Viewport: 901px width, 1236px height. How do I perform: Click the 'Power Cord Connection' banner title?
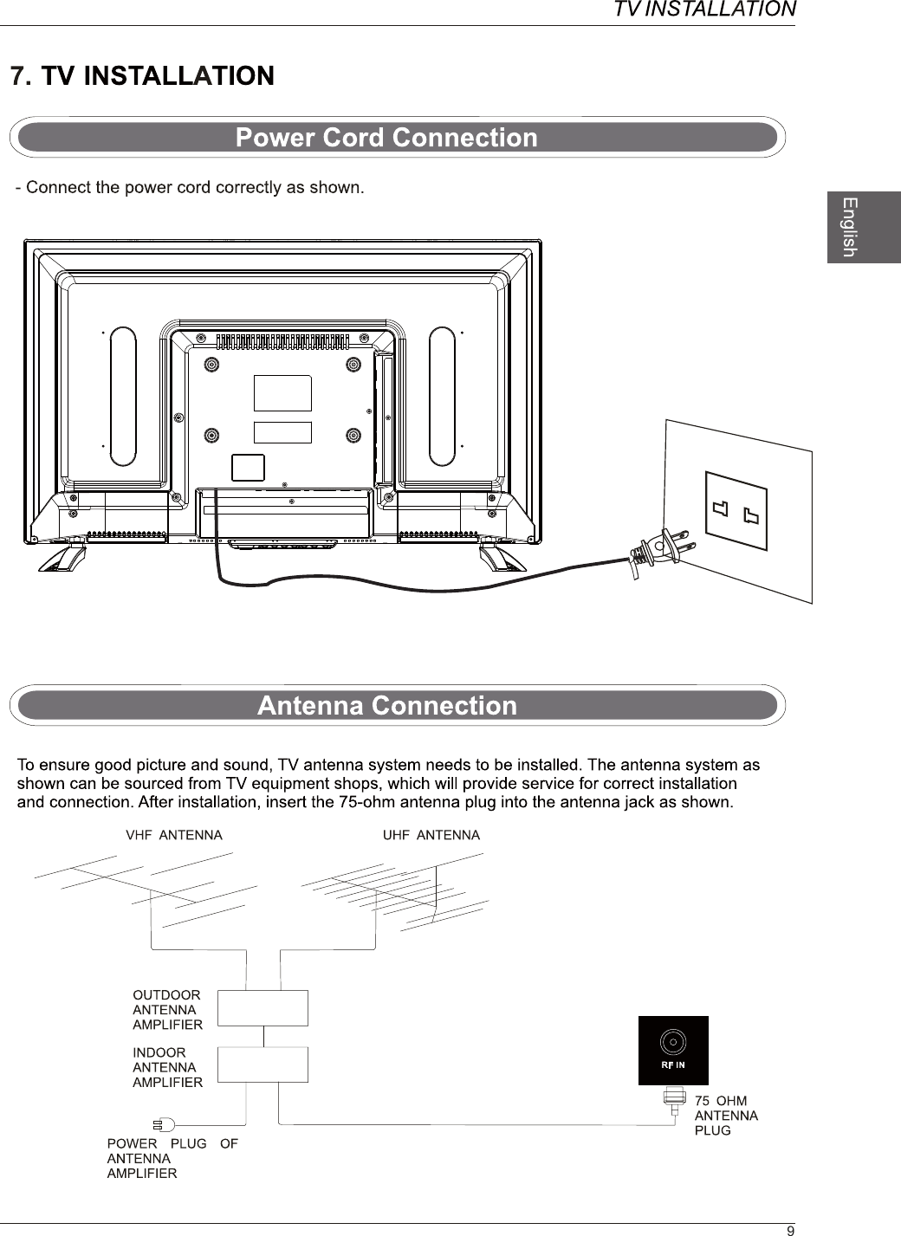[x=386, y=138]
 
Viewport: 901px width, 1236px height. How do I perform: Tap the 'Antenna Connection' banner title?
[x=386, y=706]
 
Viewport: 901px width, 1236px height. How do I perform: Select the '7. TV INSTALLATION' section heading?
[x=142, y=76]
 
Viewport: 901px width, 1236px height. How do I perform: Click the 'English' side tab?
[x=850, y=226]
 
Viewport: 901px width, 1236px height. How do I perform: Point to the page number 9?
[x=789, y=1230]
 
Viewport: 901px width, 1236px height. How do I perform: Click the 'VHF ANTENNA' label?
[x=174, y=835]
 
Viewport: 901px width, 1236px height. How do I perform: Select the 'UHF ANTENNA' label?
[x=431, y=835]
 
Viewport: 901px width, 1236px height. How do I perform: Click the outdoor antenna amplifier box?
[x=263, y=1007]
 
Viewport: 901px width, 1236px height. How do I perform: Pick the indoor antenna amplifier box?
[x=263, y=1065]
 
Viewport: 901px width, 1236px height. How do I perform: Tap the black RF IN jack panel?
[x=673, y=1050]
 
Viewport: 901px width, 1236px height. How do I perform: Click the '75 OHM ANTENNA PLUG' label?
[x=726, y=1116]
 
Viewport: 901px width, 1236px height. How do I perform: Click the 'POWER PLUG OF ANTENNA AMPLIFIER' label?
[x=172, y=1158]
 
